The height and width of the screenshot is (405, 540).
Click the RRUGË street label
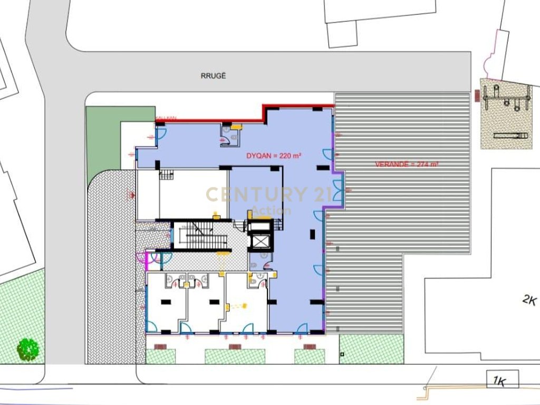point(213,75)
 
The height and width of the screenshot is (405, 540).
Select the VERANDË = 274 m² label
point(407,164)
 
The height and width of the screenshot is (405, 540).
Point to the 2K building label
point(529,301)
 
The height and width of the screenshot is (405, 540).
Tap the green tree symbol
point(28,349)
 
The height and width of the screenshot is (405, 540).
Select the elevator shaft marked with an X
point(260,240)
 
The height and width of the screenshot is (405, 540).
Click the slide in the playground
point(510,136)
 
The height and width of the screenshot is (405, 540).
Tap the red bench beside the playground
point(477,95)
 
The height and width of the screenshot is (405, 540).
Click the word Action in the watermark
point(271,211)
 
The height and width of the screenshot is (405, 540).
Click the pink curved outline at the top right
point(493,53)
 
